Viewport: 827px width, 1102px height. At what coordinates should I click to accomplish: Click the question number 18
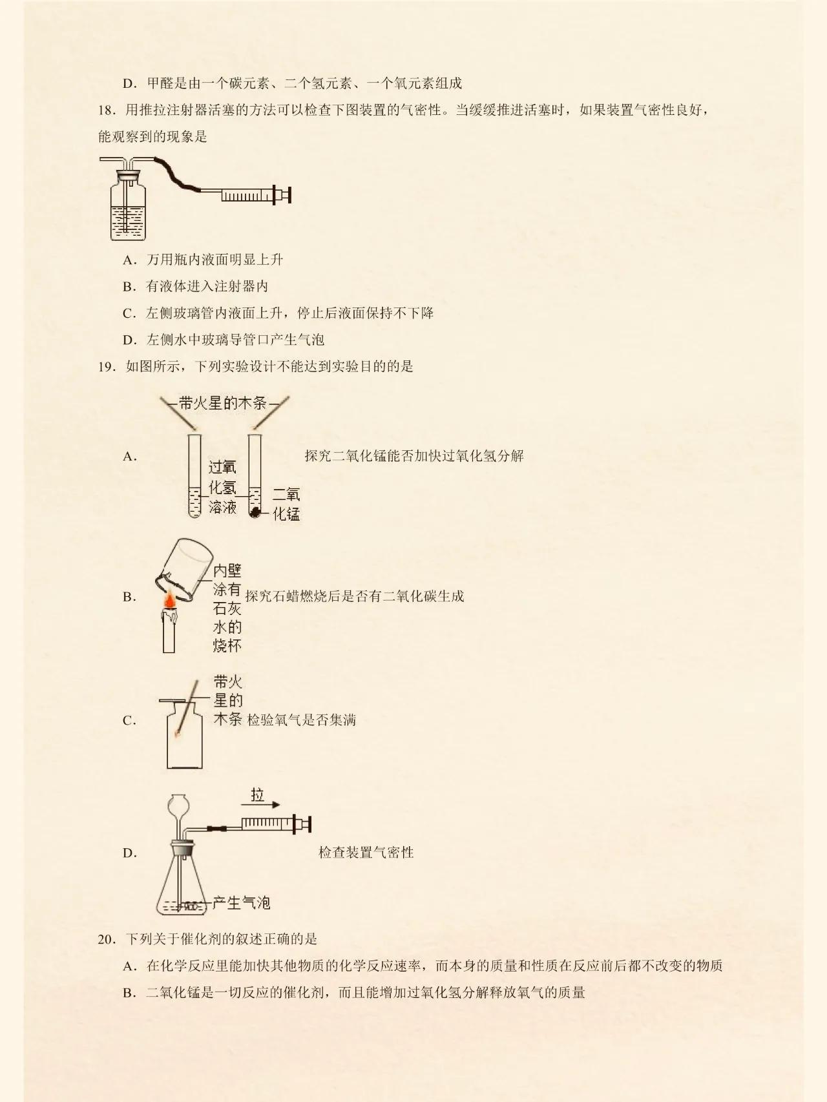106,110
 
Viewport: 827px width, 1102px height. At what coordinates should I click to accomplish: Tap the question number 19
106,367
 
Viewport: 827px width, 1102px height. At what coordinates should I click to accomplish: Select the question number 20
106,939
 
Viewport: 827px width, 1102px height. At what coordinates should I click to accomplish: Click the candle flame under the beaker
169,601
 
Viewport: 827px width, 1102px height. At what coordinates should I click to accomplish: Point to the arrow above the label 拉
261,805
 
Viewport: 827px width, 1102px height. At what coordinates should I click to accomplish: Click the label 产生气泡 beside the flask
241,902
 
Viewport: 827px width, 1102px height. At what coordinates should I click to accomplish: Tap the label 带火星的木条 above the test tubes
223,404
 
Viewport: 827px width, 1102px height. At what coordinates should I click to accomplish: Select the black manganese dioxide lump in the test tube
256,513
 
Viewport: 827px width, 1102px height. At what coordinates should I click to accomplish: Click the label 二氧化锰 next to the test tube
286,504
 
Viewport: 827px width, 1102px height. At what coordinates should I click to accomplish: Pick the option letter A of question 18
129,260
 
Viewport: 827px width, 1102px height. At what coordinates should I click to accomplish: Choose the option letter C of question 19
129,721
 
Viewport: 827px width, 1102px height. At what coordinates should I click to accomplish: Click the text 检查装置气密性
366,853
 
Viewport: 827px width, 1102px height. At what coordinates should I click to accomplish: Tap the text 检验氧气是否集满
301,720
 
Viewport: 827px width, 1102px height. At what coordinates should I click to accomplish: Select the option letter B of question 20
129,993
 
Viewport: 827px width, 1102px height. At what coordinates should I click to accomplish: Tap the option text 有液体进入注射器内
207,287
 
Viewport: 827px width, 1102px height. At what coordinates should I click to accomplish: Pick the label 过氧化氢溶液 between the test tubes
222,488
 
